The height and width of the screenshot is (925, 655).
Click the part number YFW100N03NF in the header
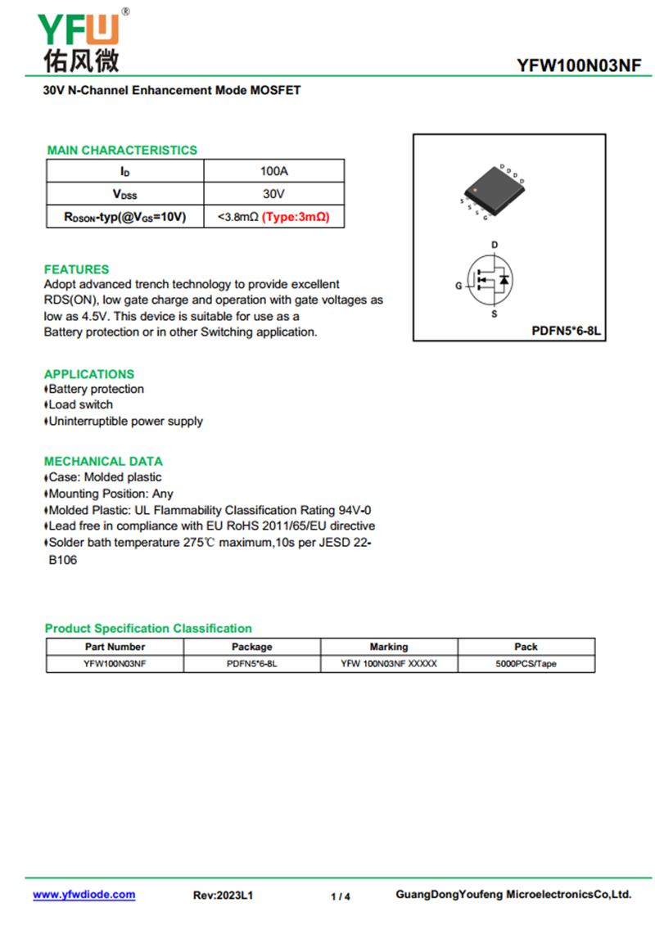click(579, 66)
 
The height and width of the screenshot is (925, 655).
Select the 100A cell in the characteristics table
click(273, 171)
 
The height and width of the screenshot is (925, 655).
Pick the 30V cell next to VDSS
click(273, 194)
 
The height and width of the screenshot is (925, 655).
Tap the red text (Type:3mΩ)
click(296, 217)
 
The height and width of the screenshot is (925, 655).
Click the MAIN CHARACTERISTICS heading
click(122, 150)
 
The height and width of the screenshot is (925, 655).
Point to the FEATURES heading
click(76, 269)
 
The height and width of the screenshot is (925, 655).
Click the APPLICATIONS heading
click(89, 374)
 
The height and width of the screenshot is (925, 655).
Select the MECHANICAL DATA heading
click(103, 461)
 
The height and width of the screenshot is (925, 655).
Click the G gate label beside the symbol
click(458, 286)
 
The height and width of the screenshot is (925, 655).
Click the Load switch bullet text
click(80, 404)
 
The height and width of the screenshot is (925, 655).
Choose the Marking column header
click(389, 647)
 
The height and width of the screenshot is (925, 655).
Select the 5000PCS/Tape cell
click(526, 664)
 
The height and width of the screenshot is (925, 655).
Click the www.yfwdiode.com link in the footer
click(84, 895)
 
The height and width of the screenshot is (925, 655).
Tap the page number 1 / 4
click(341, 896)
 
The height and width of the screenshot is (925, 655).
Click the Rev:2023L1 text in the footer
click(223, 896)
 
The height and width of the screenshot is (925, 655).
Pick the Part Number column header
click(115, 647)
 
